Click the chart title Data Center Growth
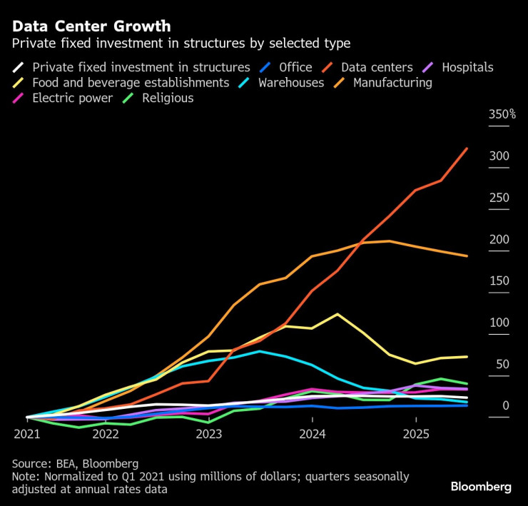[x=91, y=26]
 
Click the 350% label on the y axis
[x=502, y=114]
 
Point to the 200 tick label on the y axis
[x=499, y=239]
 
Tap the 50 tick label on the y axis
[x=502, y=364]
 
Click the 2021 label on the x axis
[x=27, y=433]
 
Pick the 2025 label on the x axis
[x=416, y=433]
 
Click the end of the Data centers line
[x=467, y=148]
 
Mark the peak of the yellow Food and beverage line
[x=337, y=314]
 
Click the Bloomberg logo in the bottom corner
[x=481, y=487]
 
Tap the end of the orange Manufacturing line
[x=467, y=256]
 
